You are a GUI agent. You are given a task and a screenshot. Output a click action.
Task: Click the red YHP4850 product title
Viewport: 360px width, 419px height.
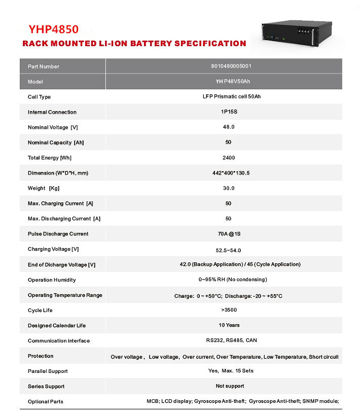coord(54,29)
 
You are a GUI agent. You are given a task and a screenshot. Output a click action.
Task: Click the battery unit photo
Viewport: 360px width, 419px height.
coord(296,33)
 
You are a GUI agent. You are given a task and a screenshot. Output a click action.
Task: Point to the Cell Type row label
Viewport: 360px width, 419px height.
coord(39,97)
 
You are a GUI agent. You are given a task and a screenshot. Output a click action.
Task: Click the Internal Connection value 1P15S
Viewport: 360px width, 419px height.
coord(229,112)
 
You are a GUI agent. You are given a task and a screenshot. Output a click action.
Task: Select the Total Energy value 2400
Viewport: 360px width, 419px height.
coord(229,158)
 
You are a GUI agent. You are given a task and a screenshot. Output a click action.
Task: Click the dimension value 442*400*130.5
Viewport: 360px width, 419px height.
coord(231,173)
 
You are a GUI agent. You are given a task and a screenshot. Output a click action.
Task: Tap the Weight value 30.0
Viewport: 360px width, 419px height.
coord(229,188)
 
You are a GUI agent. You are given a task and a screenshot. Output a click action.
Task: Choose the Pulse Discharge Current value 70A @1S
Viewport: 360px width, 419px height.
coord(229,234)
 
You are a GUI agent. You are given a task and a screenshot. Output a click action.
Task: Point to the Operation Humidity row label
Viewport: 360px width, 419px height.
coord(52,280)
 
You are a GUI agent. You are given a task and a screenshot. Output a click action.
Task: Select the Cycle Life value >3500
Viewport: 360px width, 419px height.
coord(229,310)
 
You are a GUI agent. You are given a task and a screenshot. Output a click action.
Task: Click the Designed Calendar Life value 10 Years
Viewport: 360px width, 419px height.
coord(229,325)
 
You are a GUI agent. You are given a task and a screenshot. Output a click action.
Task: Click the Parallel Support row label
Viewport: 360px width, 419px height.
coord(48,371)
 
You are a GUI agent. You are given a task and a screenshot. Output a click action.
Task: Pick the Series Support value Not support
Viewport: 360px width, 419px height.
coord(230,386)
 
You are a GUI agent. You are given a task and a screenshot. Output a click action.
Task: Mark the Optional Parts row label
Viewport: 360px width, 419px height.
coord(46,402)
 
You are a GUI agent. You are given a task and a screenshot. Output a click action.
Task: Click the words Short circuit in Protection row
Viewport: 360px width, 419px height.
coord(323,357)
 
